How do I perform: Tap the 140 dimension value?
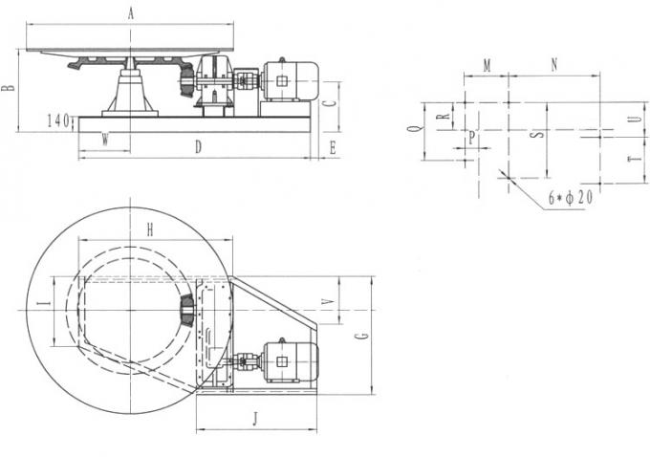pos(58,121)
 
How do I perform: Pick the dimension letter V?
pos(328,303)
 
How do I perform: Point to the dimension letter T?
pos(631,161)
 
